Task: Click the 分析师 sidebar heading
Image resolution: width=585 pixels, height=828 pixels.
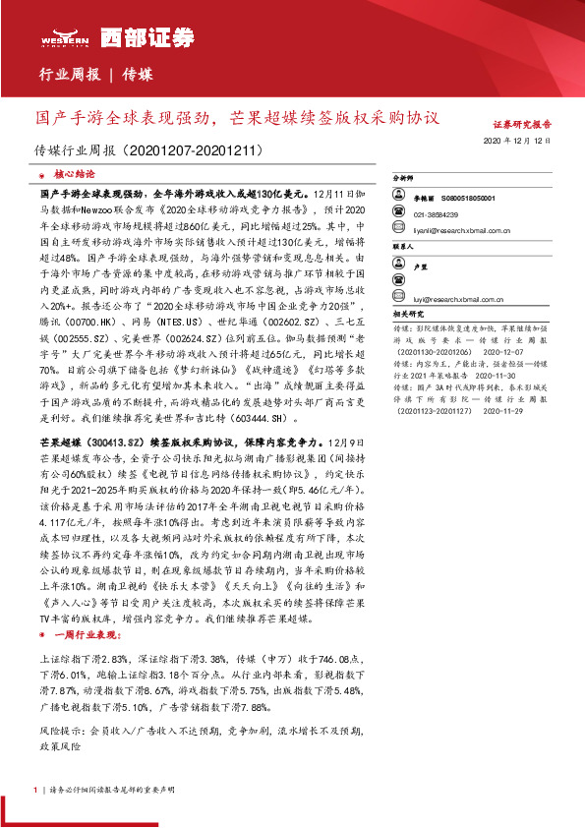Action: point(405,180)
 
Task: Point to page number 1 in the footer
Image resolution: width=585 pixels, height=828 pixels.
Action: point(35,790)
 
